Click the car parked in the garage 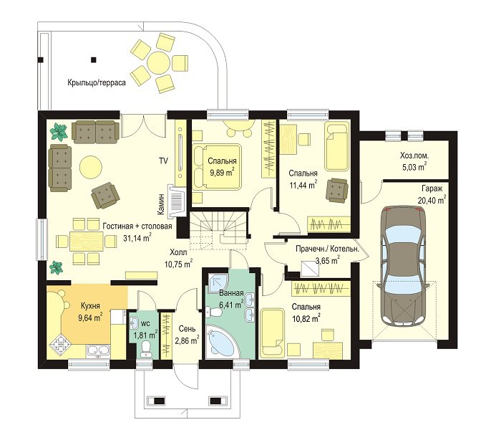pos(404,266)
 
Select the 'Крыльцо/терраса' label pos(97,82)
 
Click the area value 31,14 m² pos(137,238)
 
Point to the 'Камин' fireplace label pos(161,204)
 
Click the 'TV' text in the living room pos(163,161)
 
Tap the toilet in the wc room pos(146,348)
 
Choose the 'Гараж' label pos(432,188)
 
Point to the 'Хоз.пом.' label pos(414,156)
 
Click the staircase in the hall pos(219,228)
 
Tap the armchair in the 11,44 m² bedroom pos(337,190)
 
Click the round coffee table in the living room pos(90,166)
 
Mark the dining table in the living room pos(87,241)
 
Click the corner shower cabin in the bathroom pos(218,282)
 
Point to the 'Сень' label pos(188,328)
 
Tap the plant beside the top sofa pos(59,132)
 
